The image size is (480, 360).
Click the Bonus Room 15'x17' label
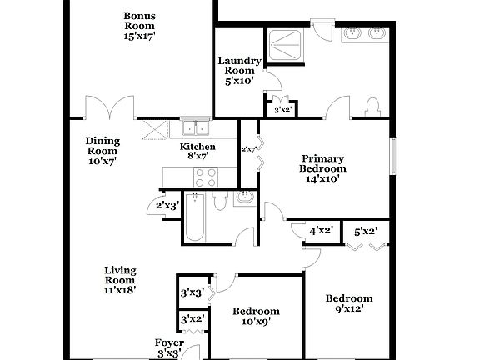139,27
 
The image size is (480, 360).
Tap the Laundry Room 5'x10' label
239,71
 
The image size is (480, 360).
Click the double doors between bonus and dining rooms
109,109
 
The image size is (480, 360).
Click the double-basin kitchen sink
197,127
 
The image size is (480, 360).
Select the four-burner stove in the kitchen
205,177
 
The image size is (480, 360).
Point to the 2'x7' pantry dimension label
248,150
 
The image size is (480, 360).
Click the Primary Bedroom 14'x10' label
323,168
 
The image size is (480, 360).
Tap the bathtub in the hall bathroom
194,219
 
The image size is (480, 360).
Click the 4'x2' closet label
322,232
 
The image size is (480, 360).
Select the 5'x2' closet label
366,232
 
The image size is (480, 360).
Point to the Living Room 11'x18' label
120,280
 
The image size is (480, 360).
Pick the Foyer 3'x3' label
169,347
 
